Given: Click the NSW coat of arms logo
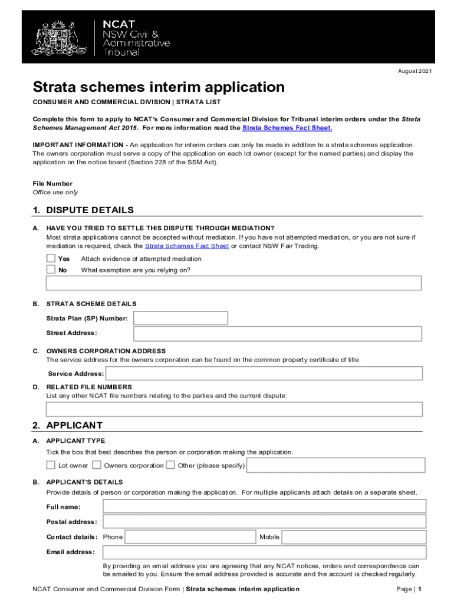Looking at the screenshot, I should click(x=58, y=37).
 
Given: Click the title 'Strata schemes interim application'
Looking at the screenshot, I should click(x=159, y=88).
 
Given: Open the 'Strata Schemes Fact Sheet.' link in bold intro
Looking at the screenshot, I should click(x=288, y=128).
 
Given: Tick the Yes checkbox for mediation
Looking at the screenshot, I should click(x=51, y=259).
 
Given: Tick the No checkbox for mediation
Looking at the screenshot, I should click(x=51, y=270).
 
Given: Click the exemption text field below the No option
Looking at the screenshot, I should click(x=233, y=283).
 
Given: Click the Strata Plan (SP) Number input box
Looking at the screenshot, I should click(x=180, y=318).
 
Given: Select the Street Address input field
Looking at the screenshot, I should click(x=278, y=334).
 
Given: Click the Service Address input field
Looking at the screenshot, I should click(x=264, y=373).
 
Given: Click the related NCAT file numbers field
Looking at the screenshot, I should click(x=234, y=409).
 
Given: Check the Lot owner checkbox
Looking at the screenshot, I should click(x=51, y=465).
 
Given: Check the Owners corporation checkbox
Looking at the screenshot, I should click(x=97, y=465).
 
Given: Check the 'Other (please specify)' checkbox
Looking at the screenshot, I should click(x=170, y=465).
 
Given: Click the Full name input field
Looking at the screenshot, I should click(x=264, y=506).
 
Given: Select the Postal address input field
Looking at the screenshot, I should click(x=264, y=522).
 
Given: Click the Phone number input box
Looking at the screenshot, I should click(x=190, y=537).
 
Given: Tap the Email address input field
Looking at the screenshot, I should click(x=264, y=552).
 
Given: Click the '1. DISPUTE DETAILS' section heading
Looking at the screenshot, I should click(x=83, y=210).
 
